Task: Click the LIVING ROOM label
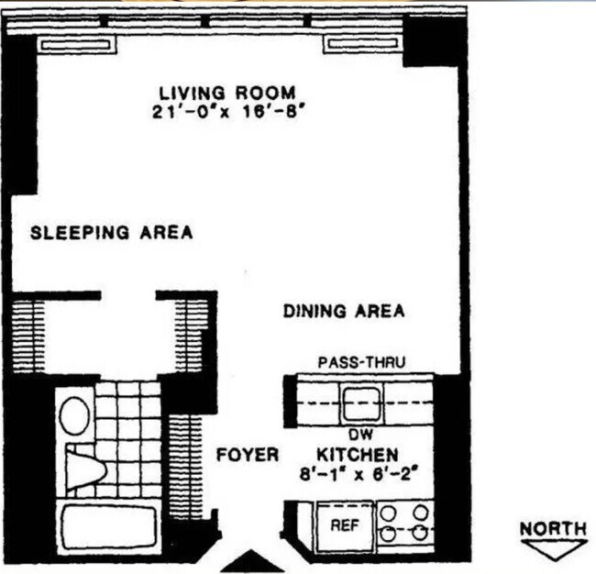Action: click(x=227, y=93)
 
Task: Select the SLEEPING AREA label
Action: click(x=112, y=232)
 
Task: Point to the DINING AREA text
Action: click(x=343, y=312)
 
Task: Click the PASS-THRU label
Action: click(x=361, y=362)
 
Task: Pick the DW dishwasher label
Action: click(x=359, y=436)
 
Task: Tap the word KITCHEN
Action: click(x=358, y=455)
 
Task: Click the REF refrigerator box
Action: click(x=344, y=526)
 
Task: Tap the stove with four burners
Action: click(x=404, y=523)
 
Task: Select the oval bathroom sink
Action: click(x=74, y=414)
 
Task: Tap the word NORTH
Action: click(x=554, y=528)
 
